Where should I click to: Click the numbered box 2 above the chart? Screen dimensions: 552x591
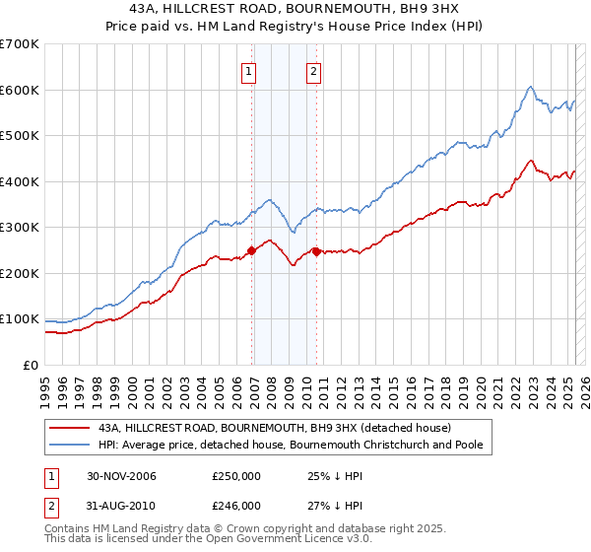click(x=312, y=70)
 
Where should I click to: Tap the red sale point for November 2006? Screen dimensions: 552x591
click(x=252, y=250)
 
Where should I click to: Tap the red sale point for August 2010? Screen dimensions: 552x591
click(x=316, y=251)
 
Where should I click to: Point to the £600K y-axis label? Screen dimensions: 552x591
click(x=19, y=90)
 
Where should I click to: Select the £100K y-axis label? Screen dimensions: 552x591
click(x=19, y=319)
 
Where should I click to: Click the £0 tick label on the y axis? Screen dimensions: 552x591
click(x=30, y=365)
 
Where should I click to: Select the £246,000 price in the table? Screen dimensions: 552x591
click(x=236, y=506)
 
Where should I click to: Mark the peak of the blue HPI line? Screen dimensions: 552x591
click(x=530, y=86)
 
